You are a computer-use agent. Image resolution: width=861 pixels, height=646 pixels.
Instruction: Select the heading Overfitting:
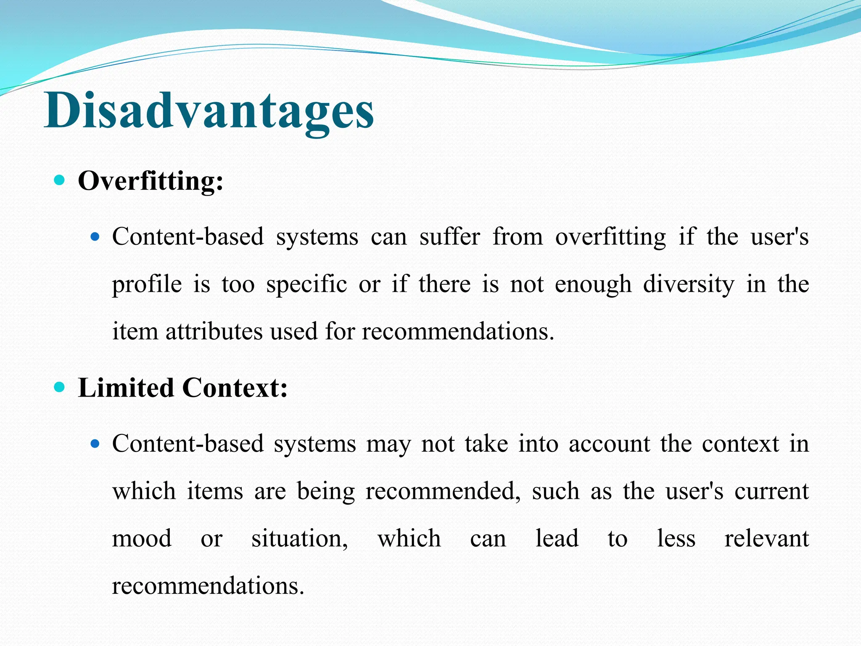click(x=151, y=181)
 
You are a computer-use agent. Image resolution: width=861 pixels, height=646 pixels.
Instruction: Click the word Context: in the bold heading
click(x=235, y=387)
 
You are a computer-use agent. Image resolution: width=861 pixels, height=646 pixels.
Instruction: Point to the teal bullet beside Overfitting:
click(x=60, y=181)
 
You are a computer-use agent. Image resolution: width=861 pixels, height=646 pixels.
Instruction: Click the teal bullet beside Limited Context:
click(x=60, y=387)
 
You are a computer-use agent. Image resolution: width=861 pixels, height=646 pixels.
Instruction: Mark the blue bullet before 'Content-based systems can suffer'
click(x=95, y=237)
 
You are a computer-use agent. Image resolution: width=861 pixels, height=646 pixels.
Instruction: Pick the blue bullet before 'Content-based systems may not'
click(x=95, y=444)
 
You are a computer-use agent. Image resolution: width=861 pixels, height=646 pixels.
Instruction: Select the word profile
click(x=147, y=285)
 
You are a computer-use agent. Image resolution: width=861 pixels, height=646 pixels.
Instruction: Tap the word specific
click(x=306, y=284)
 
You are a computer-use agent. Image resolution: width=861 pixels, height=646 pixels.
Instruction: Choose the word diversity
click(x=689, y=284)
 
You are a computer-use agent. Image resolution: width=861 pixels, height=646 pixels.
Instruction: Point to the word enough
click(x=593, y=285)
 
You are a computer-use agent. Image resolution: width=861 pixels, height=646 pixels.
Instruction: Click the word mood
click(x=142, y=538)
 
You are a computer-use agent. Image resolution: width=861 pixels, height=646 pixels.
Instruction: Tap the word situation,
click(x=299, y=539)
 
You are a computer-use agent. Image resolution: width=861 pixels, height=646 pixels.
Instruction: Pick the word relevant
click(x=766, y=538)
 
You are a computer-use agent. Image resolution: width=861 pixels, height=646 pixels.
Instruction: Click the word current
click(x=771, y=491)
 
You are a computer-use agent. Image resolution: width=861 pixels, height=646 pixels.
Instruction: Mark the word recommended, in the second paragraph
click(x=443, y=492)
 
